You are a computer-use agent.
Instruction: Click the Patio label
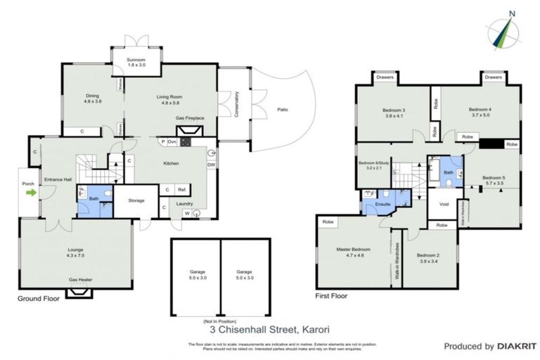tap(282, 110)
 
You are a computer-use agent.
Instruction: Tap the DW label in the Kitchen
tap(211, 165)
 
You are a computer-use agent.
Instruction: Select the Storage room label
tap(136, 200)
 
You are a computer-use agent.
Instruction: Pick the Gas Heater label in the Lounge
tap(79, 279)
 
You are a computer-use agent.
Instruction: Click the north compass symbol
tap(503, 32)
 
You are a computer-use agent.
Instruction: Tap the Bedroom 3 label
tap(394, 110)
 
